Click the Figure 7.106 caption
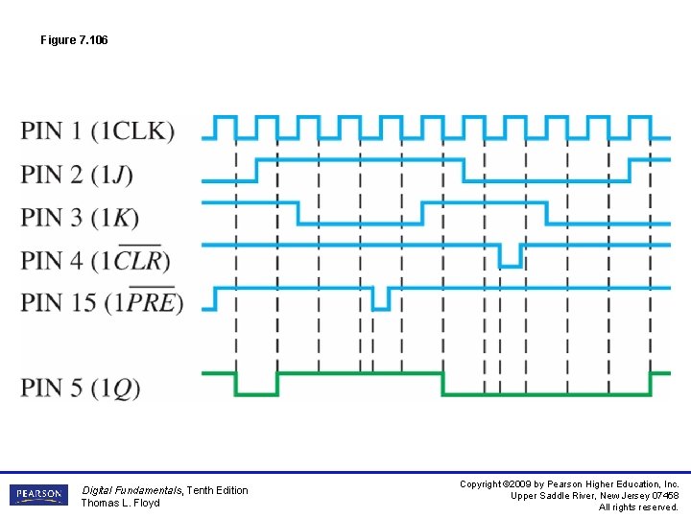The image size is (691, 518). pyautogui.click(x=74, y=40)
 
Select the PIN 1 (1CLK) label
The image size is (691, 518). pyautogui.click(x=98, y=130)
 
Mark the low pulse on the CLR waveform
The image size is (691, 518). pyautogui.click(x=511, y=257)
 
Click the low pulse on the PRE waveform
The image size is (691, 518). pyautogui.click(x=381, y=299)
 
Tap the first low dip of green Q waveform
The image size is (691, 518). pyautogui.click(x=256, y=388)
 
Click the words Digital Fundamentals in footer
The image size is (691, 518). pyautogui.click(x=131, y=490)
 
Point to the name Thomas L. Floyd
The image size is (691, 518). pyautogui.click(x=120, y=503)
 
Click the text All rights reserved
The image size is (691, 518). pyautogui.click(x=638, y=507)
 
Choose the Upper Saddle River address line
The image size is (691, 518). pyautogui.click(x=595, y=496)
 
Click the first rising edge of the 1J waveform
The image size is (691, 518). pyautogui.click(x=256, y=170)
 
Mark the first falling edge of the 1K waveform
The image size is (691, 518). pyautogui.click(x=298, y=212)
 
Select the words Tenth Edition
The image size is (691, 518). pyautogui.click(x=217, y=490)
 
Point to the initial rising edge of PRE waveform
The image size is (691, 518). pyautogui.click(x=215, y=298)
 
